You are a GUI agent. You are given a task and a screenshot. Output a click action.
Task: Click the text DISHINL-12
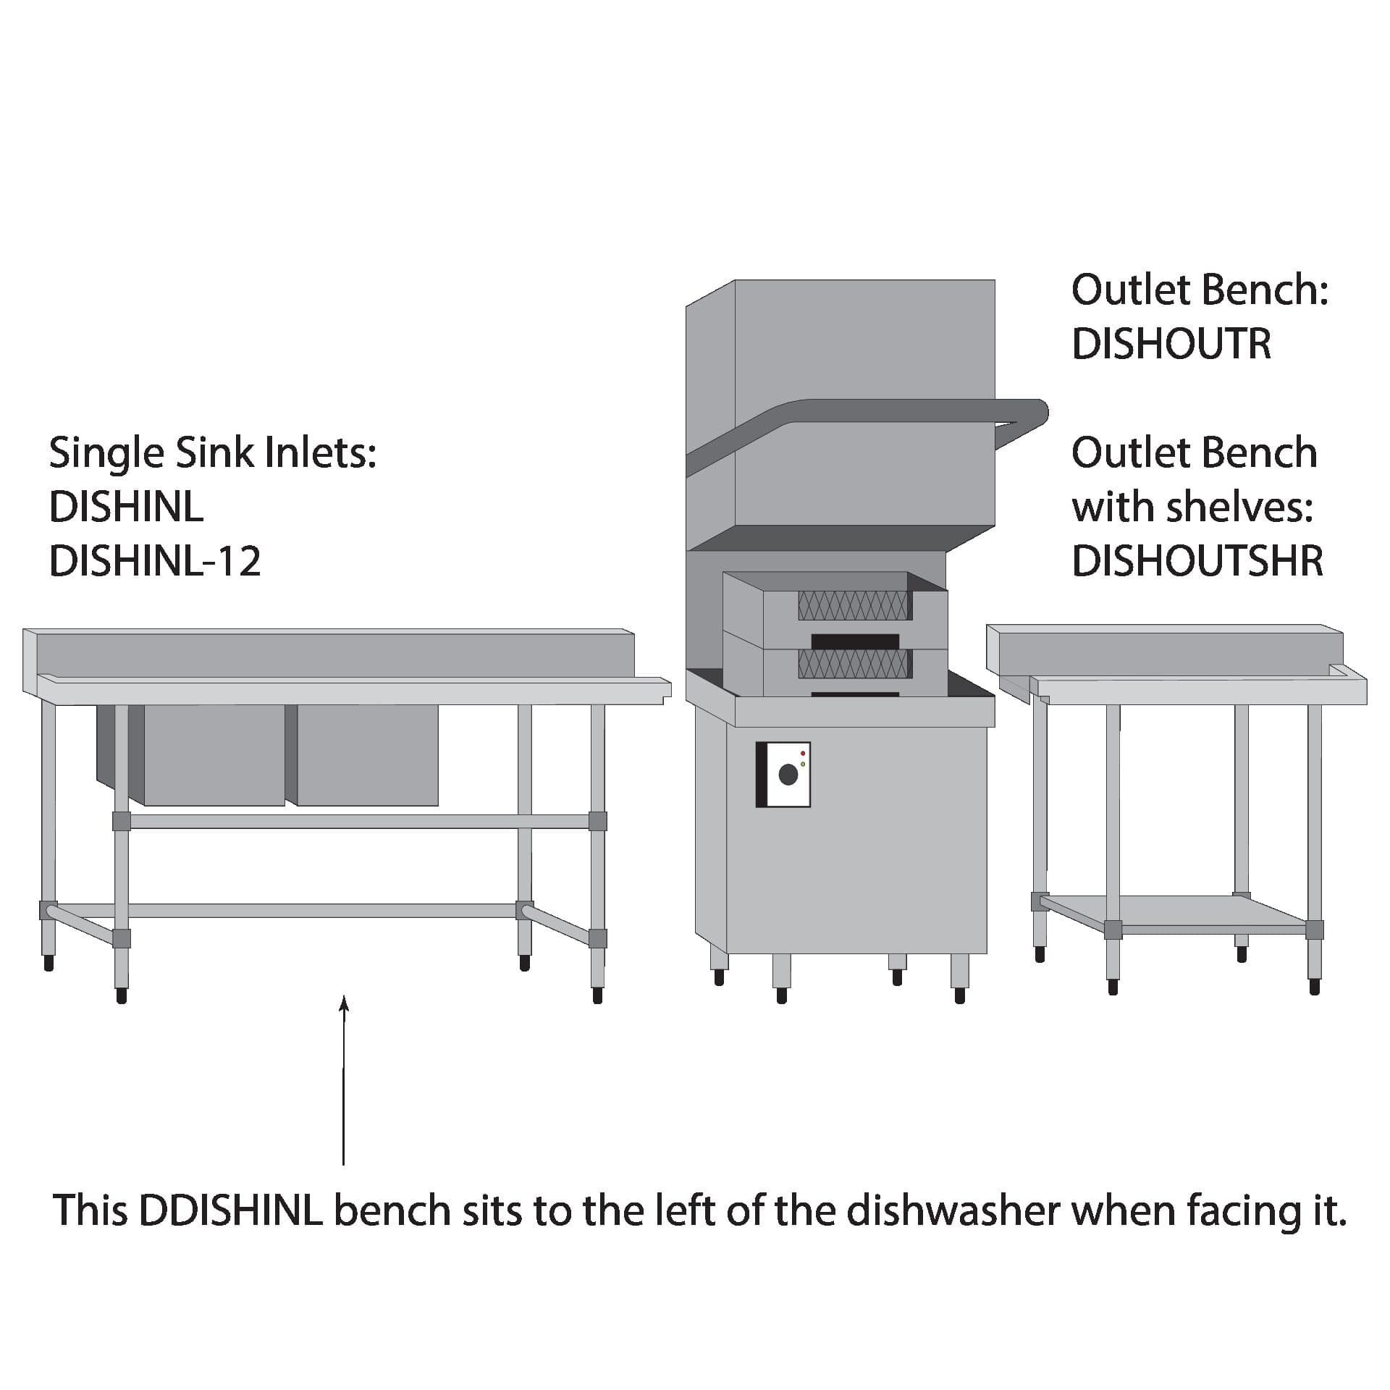click(155, 561)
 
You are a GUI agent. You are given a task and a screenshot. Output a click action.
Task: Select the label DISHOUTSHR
click(1197, 561)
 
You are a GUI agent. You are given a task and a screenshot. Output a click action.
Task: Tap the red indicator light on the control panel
click(803, 754)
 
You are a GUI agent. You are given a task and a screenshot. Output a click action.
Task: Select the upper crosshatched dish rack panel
click(854, 605)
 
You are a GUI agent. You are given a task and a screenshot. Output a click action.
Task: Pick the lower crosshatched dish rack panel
click(854, 663)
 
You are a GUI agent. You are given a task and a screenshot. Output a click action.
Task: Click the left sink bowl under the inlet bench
click(214, 755)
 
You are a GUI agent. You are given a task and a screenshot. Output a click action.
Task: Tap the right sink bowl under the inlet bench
click(368, 755)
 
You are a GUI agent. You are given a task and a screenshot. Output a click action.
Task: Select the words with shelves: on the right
click(1192, 507)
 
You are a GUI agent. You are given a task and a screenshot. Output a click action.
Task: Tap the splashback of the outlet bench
click(1164, 646)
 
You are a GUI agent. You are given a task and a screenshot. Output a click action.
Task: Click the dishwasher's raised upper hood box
click(864, 403)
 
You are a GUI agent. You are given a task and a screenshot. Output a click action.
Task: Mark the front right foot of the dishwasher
click(960, 979)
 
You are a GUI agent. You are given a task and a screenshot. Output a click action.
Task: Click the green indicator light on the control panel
click(803, 764)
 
